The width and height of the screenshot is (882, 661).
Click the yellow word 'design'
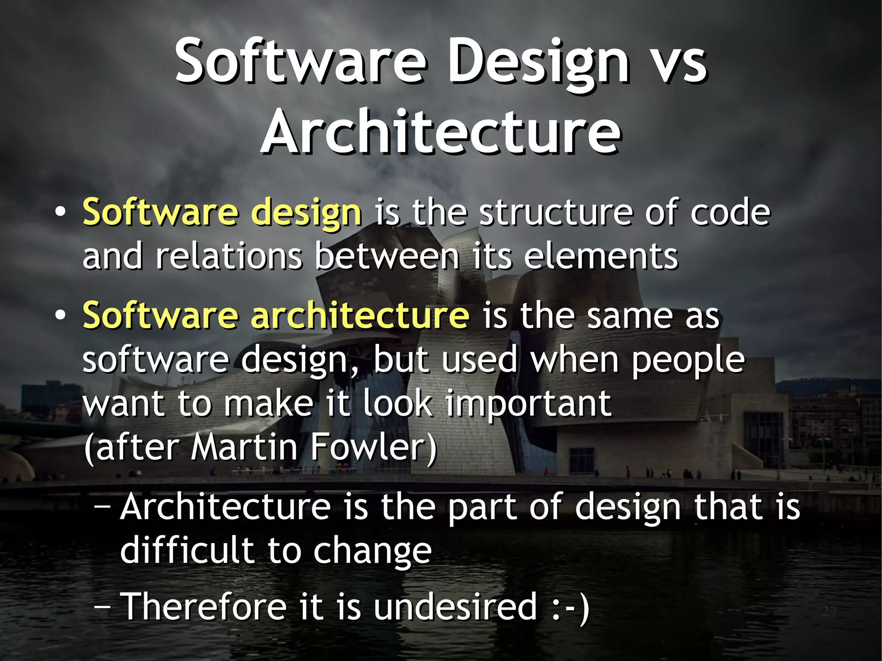[x=306, y=212]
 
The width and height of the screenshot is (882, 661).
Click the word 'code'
[x=730, y=212]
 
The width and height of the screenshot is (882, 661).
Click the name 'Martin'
[x=244, y=447]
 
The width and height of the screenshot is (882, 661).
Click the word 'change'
[x=372, y=551]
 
